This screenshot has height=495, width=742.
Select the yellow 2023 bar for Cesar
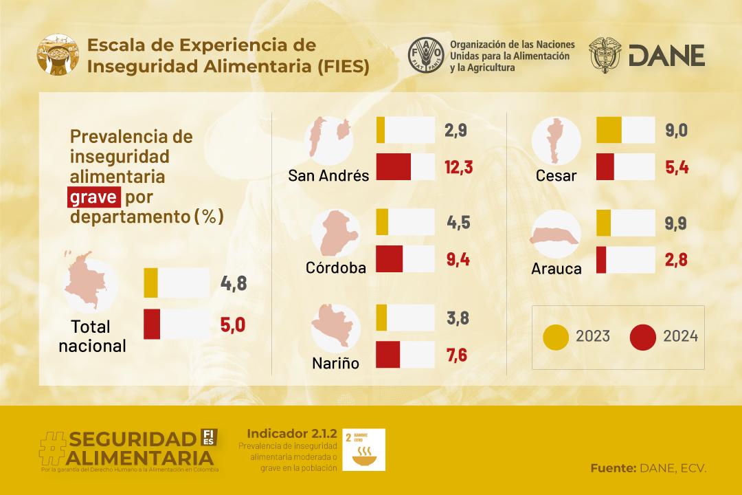[609, 130]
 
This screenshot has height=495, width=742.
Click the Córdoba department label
[336, 267]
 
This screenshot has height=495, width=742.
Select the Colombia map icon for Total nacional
[87, 283]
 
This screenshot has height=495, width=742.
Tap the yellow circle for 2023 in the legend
[555, 336]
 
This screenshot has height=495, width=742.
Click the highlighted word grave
[94, 197]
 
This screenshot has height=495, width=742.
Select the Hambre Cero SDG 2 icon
[363, 450]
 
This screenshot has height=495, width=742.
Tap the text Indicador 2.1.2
[291, 434]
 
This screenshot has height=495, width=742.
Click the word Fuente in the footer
[612, 468]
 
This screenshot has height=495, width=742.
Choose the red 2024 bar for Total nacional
[152, 324]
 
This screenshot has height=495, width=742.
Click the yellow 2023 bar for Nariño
[382, 318]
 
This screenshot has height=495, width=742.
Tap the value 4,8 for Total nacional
[233, 283]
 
